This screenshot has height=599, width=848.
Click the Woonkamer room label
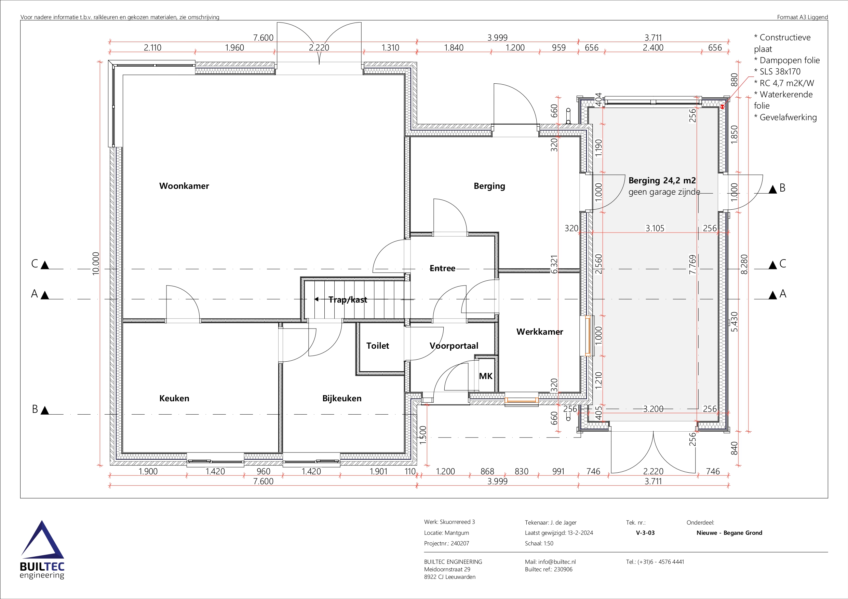(184, 186)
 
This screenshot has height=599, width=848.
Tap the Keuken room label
(174, 398)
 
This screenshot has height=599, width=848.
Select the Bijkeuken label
(342, 399)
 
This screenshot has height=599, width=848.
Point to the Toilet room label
(377, 346)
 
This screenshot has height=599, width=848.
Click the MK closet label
(485, 376)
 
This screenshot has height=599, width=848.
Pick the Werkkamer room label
(540, 332)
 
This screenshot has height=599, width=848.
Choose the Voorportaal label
(454, 346)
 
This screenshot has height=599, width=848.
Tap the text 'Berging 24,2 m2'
(662, 180)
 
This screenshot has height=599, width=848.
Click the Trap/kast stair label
(348, 300)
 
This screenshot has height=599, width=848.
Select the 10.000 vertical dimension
(96, 263)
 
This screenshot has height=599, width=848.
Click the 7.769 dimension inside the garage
(692, 264)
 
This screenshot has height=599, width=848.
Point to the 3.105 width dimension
(655, 228)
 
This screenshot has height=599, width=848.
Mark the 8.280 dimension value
(744, 264)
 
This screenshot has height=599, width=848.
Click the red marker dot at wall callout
(722, 107)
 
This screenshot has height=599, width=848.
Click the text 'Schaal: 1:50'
(539, 543)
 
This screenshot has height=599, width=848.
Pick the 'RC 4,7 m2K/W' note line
(784, 83)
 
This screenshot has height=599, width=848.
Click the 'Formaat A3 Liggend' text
(802, 17)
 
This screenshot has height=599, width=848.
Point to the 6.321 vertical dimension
(554, 264)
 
